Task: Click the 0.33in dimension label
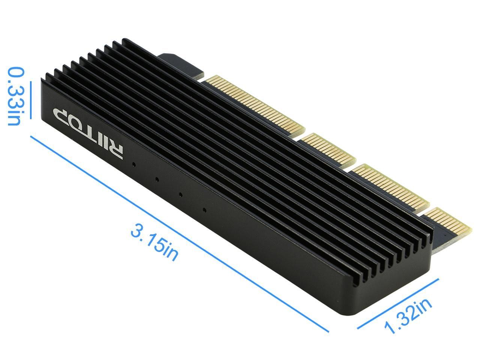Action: pos(15,96)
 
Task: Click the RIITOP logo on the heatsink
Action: pos(88,133)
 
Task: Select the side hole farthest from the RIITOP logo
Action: pos(204,210)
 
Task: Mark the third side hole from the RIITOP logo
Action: pos(181,195)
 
